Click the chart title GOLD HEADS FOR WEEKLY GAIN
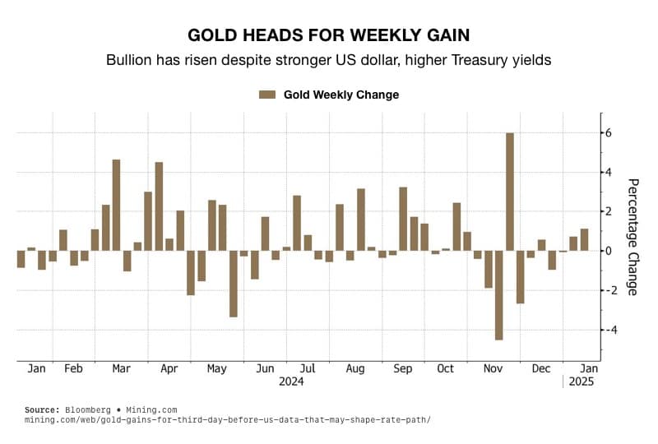pyautogui.click(x=328, y=35)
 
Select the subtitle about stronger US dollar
pyautogui.click(x=328, y=60)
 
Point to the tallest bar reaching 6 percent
pyautogui.click(x=510, y=192)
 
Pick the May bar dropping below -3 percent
pyautogui.click(x=234, y=283)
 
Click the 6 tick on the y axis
pyautogui.click(x=608, y=133)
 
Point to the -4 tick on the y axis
pyautogui.click(x=608, y=330)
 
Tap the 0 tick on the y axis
pyautogui.click(x=608, y=251)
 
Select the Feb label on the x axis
pyautogui.click(x=74, y=369)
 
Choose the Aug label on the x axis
pyautogui.click(x=355, y=369)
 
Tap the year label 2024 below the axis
pyautogui.click(x=291, y=382)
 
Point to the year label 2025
pyautogui.click(x=580, y=382)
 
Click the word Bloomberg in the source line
pyautogui.click(x=90, y=409)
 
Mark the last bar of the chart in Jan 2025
pyautogui.click(x=585, y=239)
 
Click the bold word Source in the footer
pyautogui.click(x=42, y=409)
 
